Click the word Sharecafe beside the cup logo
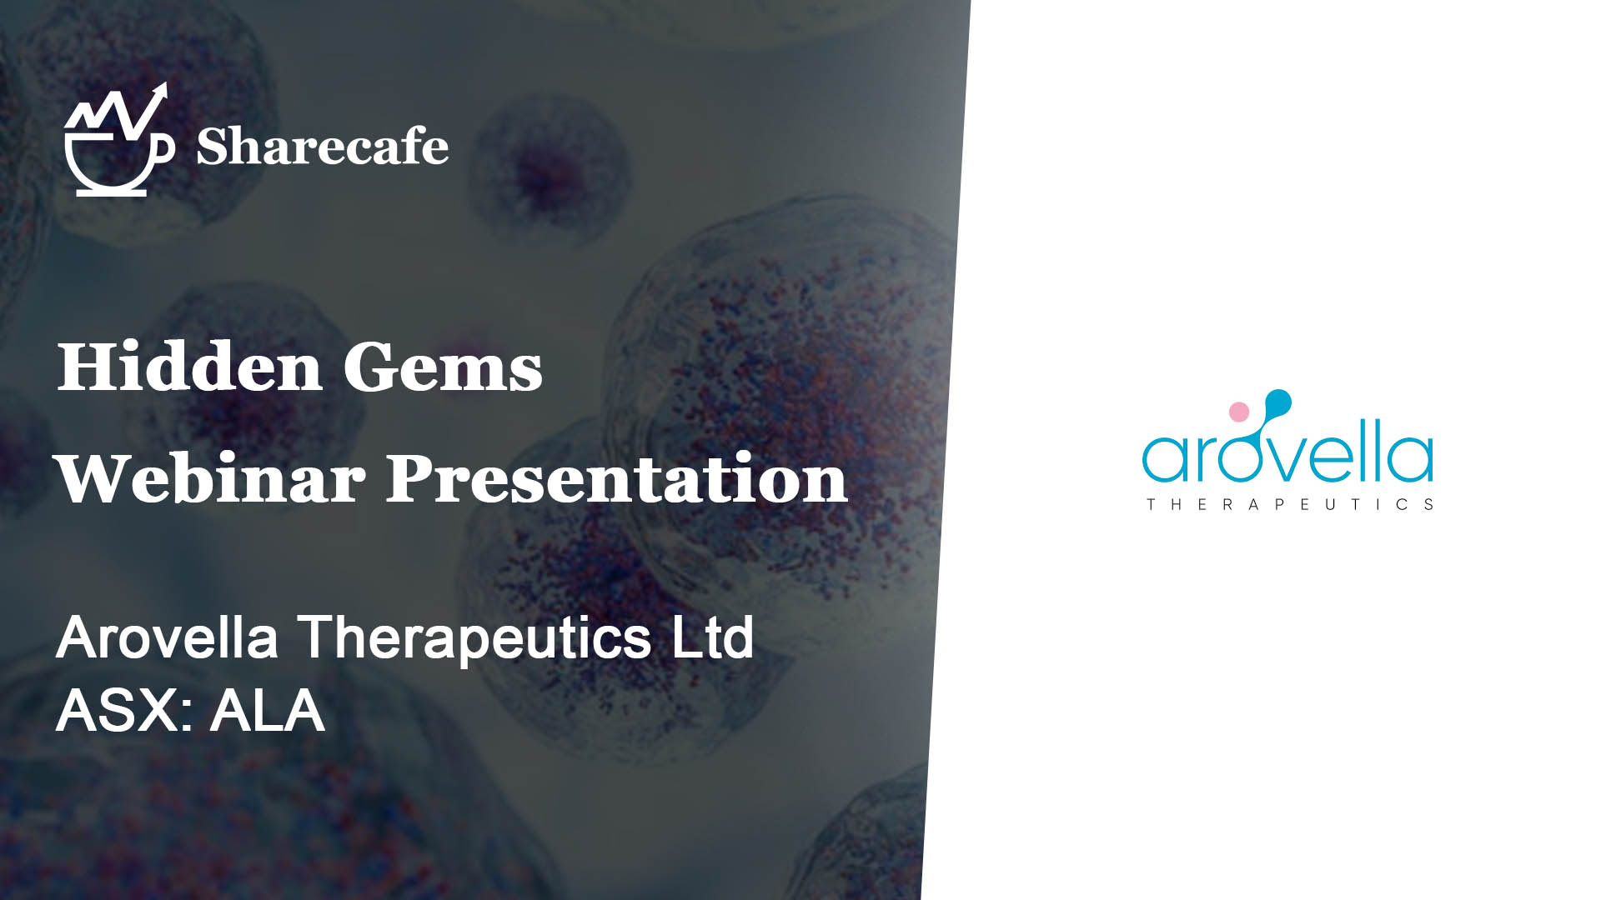pyautogui.click(x=322, y=147)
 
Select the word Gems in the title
pyautogui.click(x=443, y=367)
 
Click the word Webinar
pyautogui.click(x=210, y=478)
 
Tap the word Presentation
pyautogui.click(x=616, y=479)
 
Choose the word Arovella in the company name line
pyautogui.click(x=167, y=637)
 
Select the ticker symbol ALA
pyautogui.click(x=267, y=711)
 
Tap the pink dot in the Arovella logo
pyautogui.click(x=1239, y=411)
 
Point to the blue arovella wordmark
pyautogui.click(x=1287, y=454)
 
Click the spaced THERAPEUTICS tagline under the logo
pyautogui.click(x=1290, y=504)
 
